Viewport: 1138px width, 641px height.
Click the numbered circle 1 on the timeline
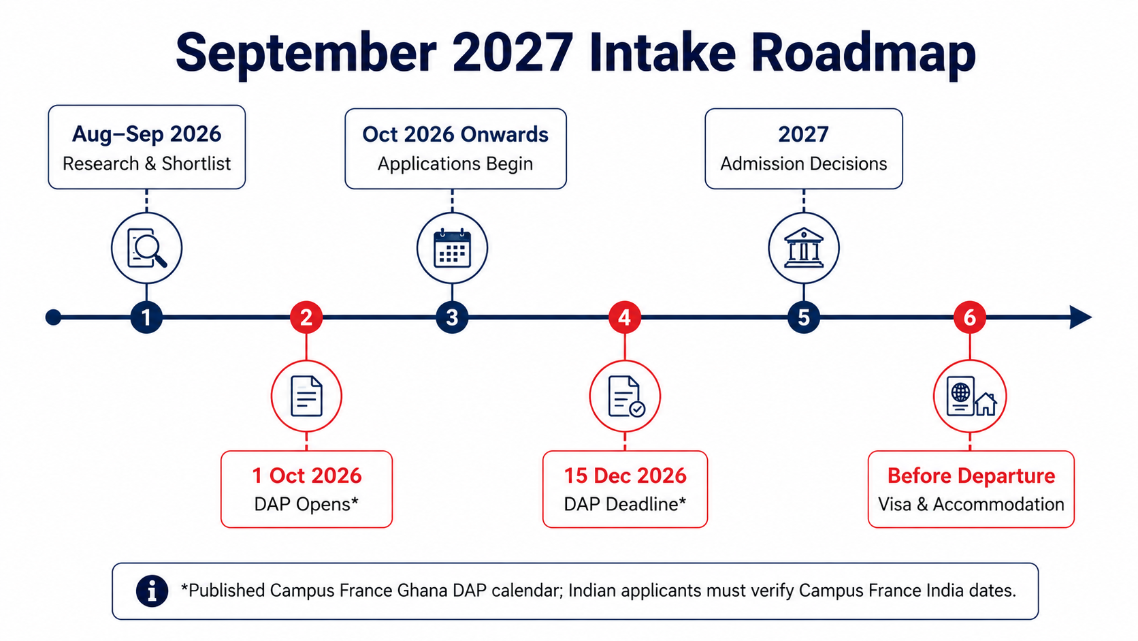click(x=146, y=317)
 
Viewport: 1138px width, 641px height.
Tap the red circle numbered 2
click(x=306, y=317)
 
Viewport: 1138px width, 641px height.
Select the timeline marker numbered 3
click(x=452, y=317)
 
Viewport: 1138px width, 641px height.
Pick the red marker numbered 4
click(x=625, y=317)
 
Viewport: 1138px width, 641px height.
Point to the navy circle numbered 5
click(x=804, y=317)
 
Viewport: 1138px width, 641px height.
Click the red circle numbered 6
click(x=970, y=317)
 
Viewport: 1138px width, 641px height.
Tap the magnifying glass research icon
click(x=147, y=248)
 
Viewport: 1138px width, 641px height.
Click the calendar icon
click(x=452, y=248)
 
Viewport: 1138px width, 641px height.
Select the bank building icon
click(x=804, y=247)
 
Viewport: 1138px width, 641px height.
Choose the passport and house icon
click(x=971, y=396)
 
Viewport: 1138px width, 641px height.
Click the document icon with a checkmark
click(x=626, y=396)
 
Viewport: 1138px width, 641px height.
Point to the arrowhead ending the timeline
click(x=1081, y=317)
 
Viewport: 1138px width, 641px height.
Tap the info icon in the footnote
click(x=152, y=591)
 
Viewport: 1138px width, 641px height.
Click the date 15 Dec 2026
click(x=625, y=475)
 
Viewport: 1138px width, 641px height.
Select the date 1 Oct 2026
click(x=307, y=475)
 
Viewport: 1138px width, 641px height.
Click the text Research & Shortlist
click(x=147, y=163)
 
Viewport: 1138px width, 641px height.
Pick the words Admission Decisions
click(x=804, y=163)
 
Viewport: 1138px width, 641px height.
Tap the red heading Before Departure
click(x=971, y=475)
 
